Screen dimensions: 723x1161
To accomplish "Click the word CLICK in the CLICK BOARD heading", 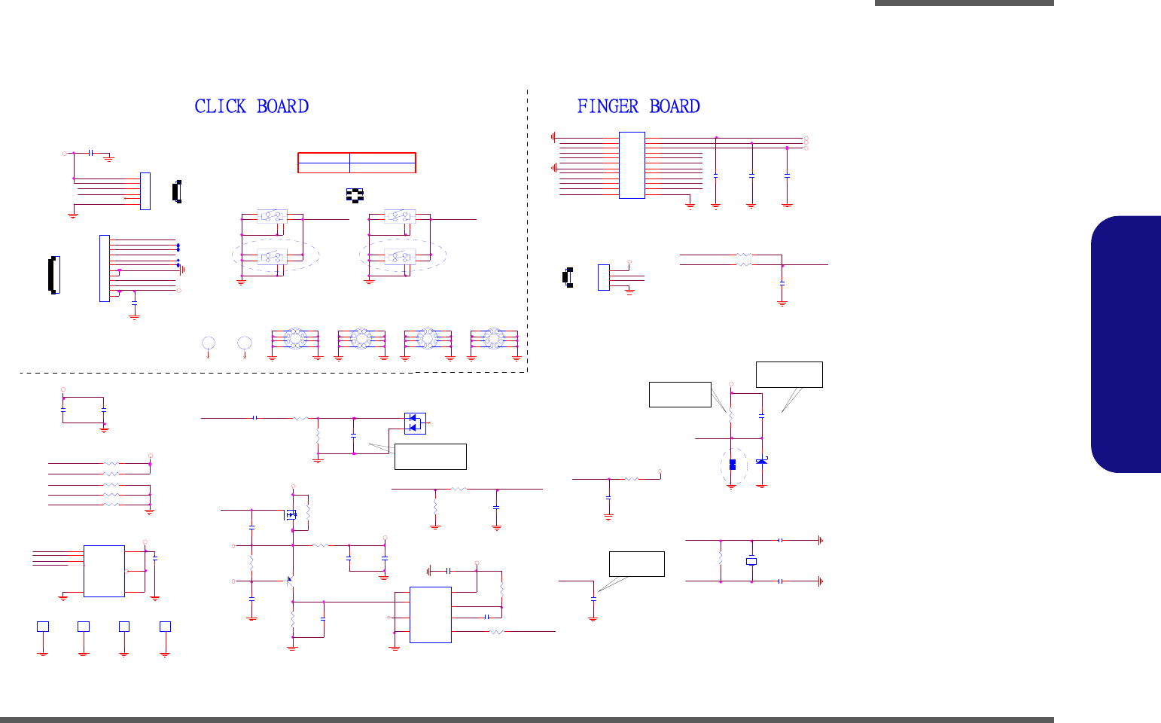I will click(x=220, y=107).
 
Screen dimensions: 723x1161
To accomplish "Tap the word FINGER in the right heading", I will click(x=608, y=107).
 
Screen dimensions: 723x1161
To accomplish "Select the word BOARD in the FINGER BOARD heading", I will click(x=675, y=107).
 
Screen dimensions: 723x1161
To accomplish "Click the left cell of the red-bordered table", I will click(x=324, y=163).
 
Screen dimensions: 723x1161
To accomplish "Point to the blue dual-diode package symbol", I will click(x=415, y=423).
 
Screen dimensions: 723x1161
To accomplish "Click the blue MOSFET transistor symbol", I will click(x=291, y=515).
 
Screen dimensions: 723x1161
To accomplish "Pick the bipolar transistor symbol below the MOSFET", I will click(x=290, y=581).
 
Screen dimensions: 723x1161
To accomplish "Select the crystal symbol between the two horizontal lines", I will click(x=751, y=561).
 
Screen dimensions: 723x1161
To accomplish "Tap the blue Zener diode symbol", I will click(x=762, y=460).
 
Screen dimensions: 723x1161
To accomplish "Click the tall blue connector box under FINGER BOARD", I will click(x=632, y=165).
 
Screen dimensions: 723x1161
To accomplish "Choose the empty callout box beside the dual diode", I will click(x=430, y=456).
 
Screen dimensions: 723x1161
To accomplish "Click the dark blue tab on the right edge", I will click(x=1126, y=344).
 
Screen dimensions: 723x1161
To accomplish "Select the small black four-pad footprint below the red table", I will click(x=354, y=194).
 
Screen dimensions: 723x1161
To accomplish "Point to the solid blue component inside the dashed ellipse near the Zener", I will click(x=732, y=464).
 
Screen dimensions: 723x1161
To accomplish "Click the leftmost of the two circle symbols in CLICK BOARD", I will click(x=209, y=343).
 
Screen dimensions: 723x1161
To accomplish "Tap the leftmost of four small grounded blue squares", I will click(x=43, y=626).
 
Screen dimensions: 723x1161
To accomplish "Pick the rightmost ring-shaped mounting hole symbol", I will click(x=493, y=338).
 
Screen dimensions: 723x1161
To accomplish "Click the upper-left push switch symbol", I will click(x=271, y=216).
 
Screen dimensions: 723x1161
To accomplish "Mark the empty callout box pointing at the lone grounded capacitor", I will click(x=636, y=564).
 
